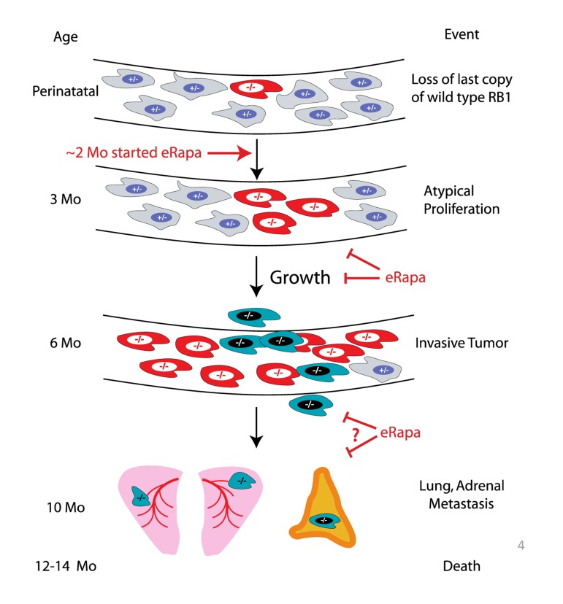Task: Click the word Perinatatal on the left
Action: tap(60, 91)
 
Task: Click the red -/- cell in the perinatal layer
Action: tap(253, 90)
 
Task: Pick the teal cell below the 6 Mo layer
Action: tap(309, 403)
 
